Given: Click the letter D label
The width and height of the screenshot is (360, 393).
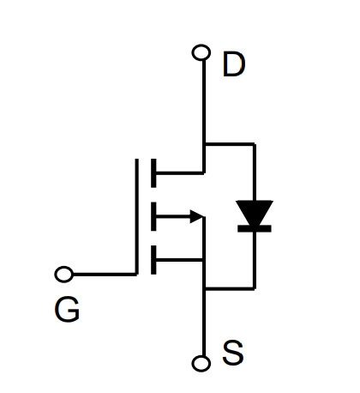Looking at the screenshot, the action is (x=234, y=63).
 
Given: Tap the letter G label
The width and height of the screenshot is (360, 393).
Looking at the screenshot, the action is (x=67, y=309).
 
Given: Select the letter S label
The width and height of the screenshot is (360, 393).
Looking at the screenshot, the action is (x=233, y=353).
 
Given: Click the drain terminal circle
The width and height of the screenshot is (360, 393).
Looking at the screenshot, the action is (x=201, y=52).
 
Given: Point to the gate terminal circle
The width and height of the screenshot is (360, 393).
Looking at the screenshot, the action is (x=64, y=275).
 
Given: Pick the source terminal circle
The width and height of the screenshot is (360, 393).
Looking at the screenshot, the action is (x=201, y=363).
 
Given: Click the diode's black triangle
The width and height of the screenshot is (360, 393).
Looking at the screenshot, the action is (x=255, y=212).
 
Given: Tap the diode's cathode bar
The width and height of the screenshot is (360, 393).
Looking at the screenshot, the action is (x=255, y=228).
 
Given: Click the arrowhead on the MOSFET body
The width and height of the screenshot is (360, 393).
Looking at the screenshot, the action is (x=197, y=216).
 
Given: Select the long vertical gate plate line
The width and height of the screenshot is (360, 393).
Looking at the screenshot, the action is (x=136, y=216).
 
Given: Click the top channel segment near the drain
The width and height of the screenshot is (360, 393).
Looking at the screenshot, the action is (x=153, y=172).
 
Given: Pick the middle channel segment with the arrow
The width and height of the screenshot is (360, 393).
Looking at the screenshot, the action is (x=153, y=216).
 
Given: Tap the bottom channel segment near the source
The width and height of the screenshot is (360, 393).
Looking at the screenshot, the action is (x=153, y=260).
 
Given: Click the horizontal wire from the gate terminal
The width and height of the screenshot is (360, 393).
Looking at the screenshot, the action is (x=105, y=275).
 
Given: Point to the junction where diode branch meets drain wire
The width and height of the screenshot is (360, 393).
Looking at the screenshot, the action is (x=204, y=144).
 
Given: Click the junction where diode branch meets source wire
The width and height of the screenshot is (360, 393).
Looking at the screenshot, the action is (x=204, y=289).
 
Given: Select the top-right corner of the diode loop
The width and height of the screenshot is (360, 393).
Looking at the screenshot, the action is (x=255, y=144).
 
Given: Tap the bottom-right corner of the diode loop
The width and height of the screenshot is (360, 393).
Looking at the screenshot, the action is (x=255, y=289).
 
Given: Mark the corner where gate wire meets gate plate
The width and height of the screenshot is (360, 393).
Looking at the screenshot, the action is (x=136, y=275).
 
